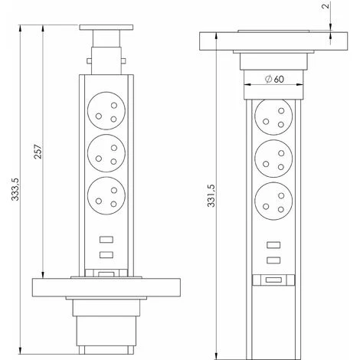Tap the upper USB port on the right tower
pos(273,245)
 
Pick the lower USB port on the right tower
pos(273,261)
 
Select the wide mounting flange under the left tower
pos(107,288)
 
